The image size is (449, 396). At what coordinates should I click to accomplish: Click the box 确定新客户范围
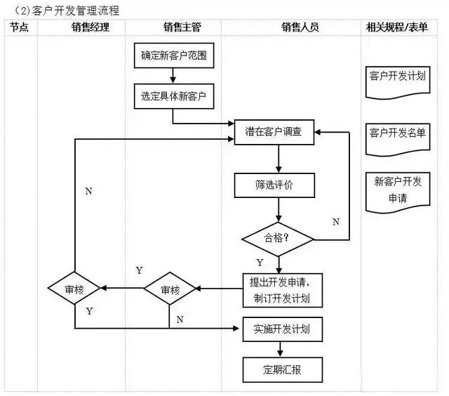173,54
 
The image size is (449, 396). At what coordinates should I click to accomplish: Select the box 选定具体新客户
173,95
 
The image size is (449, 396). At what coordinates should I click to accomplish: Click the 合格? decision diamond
278,238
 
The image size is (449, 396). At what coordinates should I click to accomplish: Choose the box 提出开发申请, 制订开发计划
282,290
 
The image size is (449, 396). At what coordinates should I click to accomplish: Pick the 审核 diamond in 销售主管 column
170,289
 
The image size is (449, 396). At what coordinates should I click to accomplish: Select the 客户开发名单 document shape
397,134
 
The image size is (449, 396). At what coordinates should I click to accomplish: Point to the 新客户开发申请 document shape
397,190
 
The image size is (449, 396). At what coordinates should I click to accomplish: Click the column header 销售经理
91,27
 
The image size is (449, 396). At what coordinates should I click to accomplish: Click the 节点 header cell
19,27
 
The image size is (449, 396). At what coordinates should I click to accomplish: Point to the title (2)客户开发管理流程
62,10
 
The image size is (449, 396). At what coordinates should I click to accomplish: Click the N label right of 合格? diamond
335,222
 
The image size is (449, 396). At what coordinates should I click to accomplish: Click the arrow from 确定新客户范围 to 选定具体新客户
173,74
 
